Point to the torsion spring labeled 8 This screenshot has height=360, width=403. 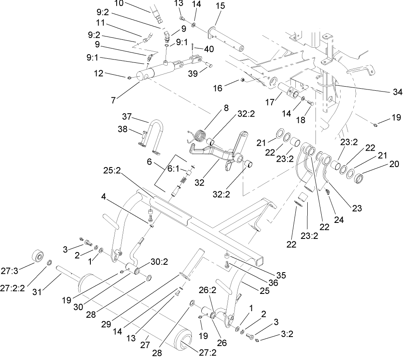200,136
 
